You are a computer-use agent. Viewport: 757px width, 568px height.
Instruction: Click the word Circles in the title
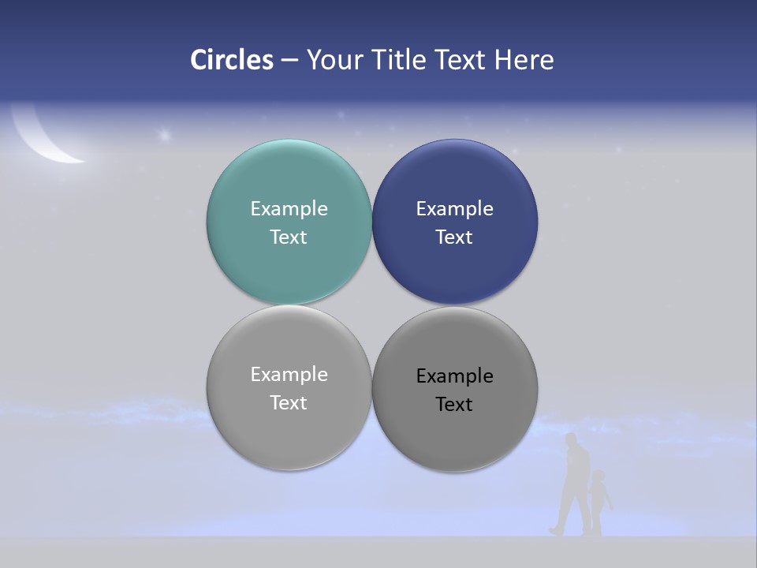tap(231, 60)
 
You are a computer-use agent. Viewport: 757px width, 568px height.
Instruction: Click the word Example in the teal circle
tap(289, 209)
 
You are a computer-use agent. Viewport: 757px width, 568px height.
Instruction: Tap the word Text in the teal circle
tap(289, 237)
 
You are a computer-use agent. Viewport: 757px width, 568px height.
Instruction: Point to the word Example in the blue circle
tap(455, 209)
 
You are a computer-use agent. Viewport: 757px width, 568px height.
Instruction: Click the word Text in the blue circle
tap(455, 237)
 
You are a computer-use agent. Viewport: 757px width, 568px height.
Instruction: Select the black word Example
tap(455, 376)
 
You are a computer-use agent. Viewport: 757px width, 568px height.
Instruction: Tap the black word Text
tap(455, 405)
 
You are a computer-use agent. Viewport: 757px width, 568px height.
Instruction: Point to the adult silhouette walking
tap(574, 485)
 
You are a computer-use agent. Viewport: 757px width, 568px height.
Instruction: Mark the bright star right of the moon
tap(165, 135)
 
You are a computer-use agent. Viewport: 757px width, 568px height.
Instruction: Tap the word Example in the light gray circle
tap(289, 375)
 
